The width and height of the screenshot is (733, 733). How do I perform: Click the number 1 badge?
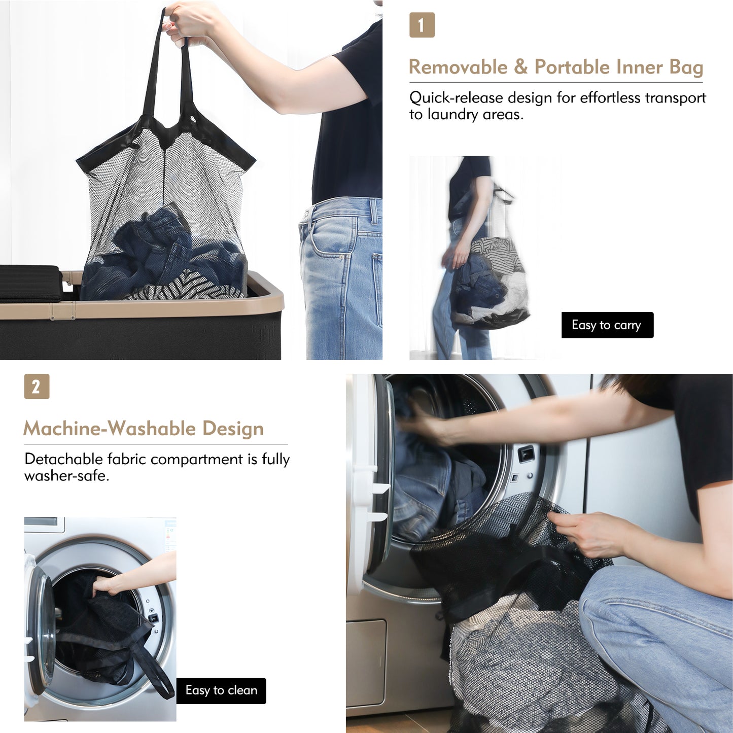point(422,25)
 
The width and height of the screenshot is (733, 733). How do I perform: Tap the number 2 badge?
point(37,387)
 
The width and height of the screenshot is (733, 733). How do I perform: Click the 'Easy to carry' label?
point(607,325)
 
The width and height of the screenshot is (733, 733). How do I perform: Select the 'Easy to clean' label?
point(221,690)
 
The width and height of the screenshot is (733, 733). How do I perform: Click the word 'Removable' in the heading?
point(458,67)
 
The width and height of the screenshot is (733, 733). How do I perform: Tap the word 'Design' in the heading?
point(233,429)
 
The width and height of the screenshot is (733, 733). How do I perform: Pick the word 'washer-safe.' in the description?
point(66,476)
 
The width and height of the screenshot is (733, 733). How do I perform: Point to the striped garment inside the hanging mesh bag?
point(188,287)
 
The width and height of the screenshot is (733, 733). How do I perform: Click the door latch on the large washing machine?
point(526,453)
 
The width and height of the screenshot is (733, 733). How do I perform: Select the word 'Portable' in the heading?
point(572,67)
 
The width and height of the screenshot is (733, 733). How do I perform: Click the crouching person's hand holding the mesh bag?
point(588,533)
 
